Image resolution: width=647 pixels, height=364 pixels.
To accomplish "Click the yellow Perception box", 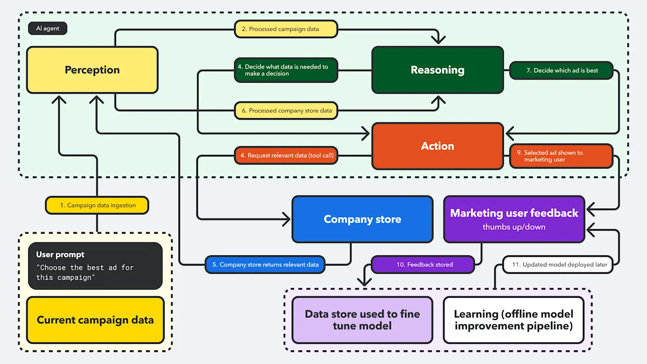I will pos(92,70).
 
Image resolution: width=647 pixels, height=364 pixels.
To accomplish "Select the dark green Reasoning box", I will pos(437,70).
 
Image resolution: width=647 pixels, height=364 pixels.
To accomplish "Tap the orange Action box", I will pos(437,146).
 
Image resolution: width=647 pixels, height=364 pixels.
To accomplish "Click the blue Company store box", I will pos(362,219).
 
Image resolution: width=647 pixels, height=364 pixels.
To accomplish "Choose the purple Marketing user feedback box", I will pos(514,219).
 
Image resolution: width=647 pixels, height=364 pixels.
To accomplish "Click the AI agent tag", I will pos(48,28).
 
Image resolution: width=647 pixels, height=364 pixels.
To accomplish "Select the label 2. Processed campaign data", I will pos(286,29).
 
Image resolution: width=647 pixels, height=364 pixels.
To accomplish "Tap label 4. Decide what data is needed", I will pos(286,70).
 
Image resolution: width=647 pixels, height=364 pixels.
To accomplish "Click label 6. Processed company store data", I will pos(286,111).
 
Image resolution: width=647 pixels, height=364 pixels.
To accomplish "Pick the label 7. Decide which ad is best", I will pos(562,71).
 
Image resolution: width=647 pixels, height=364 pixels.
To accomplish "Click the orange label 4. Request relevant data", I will pos(286,156).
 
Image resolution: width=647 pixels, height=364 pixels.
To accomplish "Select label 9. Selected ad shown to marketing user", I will pos(561,156).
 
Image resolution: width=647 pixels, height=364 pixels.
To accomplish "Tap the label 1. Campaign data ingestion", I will pos(97,205).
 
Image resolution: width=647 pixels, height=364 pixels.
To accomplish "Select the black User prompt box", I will pos(95,266).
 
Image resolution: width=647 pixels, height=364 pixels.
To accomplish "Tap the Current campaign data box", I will pos(95,320).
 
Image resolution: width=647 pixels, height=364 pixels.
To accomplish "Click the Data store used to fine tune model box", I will pos(362,320).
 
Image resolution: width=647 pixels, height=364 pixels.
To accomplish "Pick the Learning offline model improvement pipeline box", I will pos(513,320).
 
